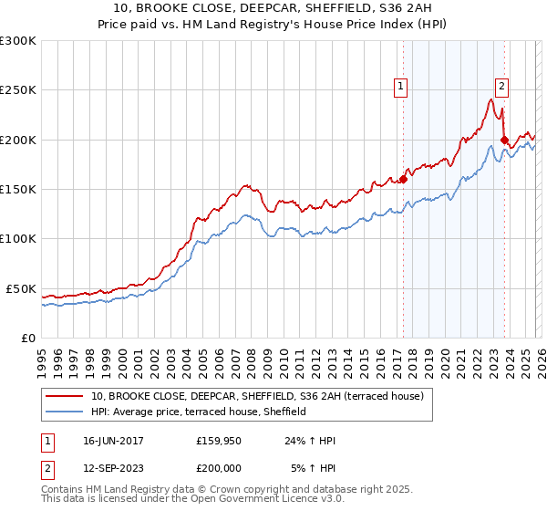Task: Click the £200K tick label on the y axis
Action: [18, 140]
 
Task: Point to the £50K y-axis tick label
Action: [21, 288]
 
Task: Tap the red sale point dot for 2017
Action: [402, 180]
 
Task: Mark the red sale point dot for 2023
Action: [504, 140]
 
